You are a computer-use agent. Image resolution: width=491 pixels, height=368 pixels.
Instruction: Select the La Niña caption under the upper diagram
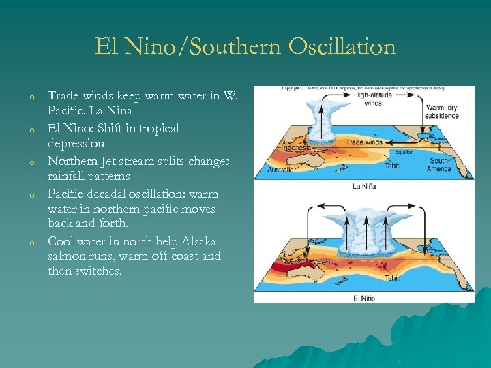[364, 186]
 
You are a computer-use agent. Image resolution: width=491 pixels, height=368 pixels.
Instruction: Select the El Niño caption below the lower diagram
[364, 298]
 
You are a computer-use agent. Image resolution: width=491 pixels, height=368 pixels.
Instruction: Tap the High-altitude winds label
[373, 99]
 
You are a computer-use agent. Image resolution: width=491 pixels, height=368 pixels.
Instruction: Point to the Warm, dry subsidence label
[442, 111]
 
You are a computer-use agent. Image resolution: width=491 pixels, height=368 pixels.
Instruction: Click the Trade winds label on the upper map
[364, 142]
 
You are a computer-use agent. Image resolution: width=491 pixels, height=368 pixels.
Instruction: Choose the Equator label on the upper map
[404, 152]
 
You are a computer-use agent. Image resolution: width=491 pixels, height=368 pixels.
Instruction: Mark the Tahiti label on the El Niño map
[393, 278]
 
